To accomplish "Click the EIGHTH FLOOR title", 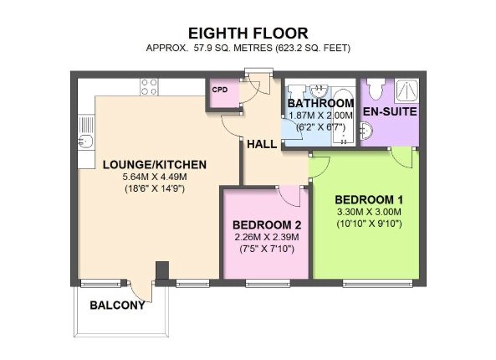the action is point(248,33).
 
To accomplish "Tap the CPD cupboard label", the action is point(220,90).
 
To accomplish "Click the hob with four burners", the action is point(150,87).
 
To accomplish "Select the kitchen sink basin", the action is point(85,141).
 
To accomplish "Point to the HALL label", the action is point(262,144).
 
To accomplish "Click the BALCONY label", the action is point(117,306).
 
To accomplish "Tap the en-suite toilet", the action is point(376,89).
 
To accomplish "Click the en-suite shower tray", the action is point(407,90).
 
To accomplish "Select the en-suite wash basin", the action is point(366,131).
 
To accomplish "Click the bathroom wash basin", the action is point(320,91).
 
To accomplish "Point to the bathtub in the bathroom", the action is point(343,117).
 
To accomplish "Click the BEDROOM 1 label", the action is point(369,200).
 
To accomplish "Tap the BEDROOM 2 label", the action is point(267,225).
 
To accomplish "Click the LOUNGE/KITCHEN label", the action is point(155,165).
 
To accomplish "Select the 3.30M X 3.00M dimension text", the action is point(369,212).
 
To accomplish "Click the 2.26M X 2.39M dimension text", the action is point(267,237).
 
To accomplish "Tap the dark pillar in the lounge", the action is point(162,270).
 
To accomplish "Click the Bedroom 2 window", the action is point(268,283).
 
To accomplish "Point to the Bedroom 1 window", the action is point(377,283).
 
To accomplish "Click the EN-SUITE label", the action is point(390,111).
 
